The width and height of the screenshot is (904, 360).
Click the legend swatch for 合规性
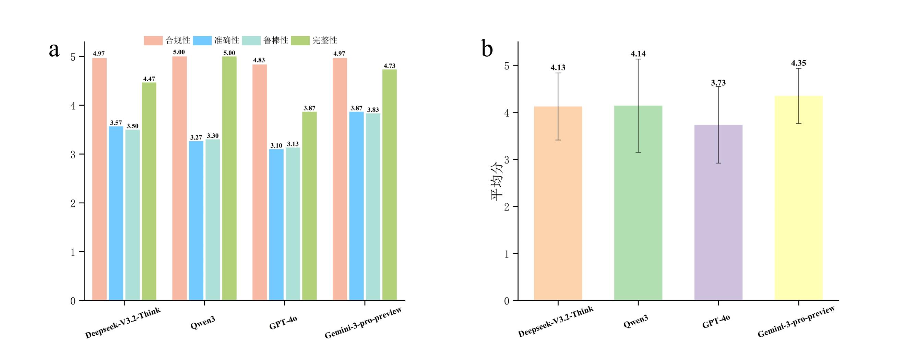[153, 41]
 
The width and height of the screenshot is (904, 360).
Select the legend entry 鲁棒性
[275, 41]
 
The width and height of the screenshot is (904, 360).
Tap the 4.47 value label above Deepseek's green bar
[149, 79]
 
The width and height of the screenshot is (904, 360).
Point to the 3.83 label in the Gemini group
[373, 110]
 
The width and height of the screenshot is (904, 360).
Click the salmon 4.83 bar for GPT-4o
[259, 182]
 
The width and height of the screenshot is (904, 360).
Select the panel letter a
[54, 50]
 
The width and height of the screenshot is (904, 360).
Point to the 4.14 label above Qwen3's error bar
[638, 54]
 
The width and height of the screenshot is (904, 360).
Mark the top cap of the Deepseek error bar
[558, 73]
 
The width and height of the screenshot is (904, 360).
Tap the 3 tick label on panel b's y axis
[507, 160]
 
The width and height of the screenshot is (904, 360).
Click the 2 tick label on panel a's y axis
[73, 203]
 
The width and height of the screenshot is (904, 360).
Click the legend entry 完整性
[325, 41]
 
